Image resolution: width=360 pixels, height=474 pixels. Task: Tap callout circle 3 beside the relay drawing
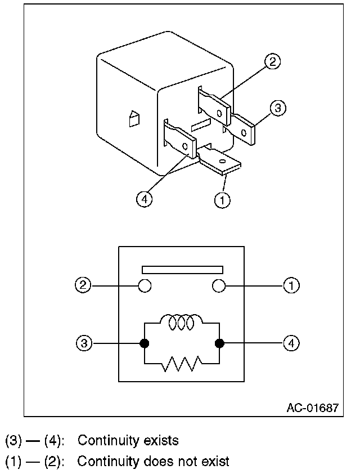(x=277, y=108)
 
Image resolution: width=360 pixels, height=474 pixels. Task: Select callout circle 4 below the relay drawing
(x=145, y=199)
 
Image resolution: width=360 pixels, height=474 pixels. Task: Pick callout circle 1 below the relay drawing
(x=223, y=199)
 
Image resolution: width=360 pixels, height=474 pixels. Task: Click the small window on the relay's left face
(x=134, y=119)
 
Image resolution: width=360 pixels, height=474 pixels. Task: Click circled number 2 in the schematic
(x=84, y=286)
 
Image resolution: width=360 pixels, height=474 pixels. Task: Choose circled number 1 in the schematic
(x=291, y=286)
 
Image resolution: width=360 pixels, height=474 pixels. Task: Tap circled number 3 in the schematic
(x=84, y=342)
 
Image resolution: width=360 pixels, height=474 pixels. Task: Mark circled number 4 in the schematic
(x=291, y=342)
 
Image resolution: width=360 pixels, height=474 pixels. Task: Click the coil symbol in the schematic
(x=182, y=323)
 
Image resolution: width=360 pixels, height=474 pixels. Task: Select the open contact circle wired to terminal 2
(x=145, y=286)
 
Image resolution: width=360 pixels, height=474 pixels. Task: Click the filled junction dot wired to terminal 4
(x=218, y=342)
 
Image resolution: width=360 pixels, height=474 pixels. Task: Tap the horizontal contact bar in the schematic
(x=182, y=269)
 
